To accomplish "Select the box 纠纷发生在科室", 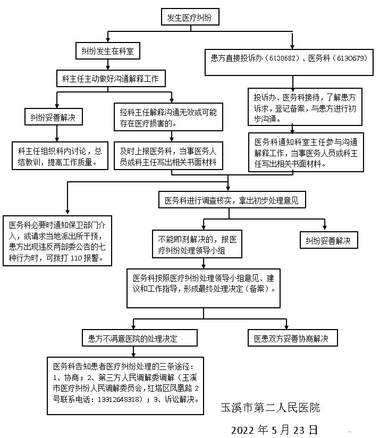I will pyautogui.click(x=107, y=51).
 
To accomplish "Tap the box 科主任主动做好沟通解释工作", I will pyautogui.click(x=111, y=79).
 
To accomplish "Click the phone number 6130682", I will pyautogui.click(x=284, y=57).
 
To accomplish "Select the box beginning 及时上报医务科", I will pyautogui.click(x=168, y=155).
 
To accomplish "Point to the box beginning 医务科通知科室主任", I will pyautogui.click(x=306, y=152).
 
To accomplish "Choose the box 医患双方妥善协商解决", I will pyautogui.click(x=292, y=338).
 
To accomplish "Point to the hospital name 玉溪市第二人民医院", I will pyautogui.click(x=271, y=408).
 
